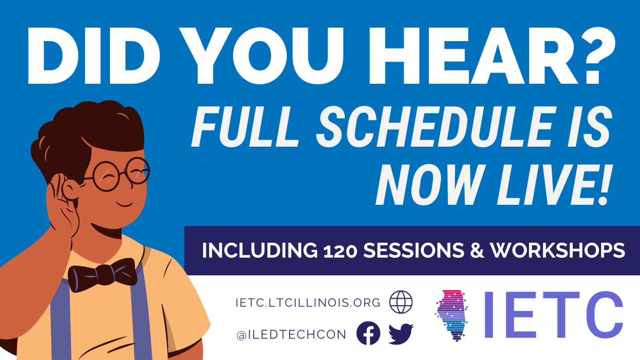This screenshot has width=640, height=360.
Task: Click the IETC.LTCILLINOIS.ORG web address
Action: (x=308, y=302)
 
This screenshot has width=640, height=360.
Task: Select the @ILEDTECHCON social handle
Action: (x=291, y=334)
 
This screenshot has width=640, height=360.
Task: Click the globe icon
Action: (x=401, y=302)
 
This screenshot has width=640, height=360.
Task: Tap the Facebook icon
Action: (x=368, y=334)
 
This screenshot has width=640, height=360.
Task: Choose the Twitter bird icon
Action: (x=401, y=334)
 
